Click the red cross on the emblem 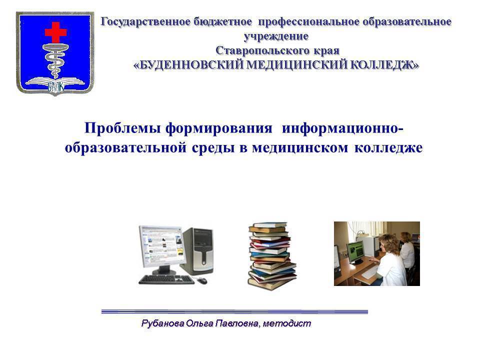pos(55,32)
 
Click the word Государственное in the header pos(145,22)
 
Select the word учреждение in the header pos(276,36)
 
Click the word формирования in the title pos(218,128)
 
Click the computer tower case pos(197,251)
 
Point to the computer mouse pos(202,280)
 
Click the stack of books pos(271,256)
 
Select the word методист pos(287,323)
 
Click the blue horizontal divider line pos(234,311)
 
